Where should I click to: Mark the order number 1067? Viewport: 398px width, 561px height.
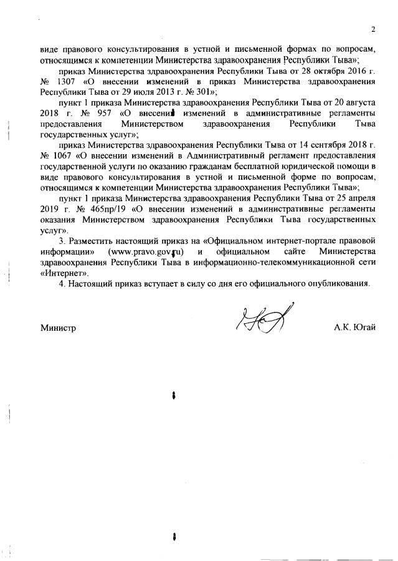(x=65, y=154)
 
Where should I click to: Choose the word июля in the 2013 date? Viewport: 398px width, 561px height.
(x=142, y=92)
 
